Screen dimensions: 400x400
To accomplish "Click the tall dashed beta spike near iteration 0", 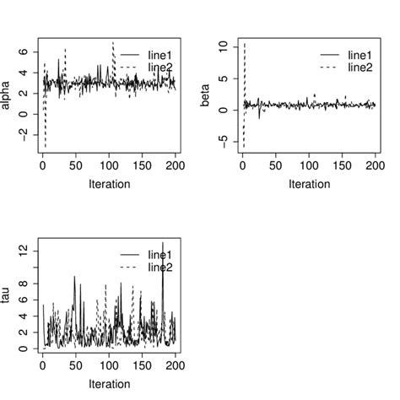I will point(245,42).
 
